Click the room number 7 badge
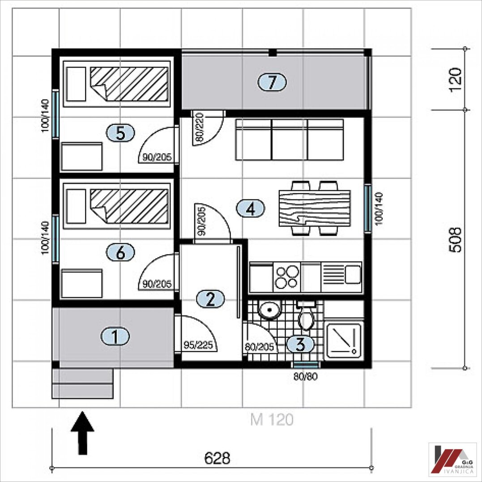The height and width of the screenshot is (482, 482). [272, 82]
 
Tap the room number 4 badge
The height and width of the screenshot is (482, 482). [250, 209]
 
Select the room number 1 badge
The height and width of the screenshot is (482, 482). [115, 336]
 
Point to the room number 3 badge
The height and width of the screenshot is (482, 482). [300, 344]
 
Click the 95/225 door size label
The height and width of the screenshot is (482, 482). [198, 345]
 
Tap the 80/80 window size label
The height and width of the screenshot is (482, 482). [305, 376]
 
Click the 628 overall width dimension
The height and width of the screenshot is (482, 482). [217, 458]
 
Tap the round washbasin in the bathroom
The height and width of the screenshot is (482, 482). [269, 310]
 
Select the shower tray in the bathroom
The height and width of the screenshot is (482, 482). [344, 340]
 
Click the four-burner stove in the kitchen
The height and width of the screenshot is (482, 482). [286, 277]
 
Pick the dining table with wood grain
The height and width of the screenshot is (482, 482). [315, 209]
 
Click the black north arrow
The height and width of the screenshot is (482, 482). [82, 433]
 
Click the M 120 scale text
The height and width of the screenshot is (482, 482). [272, 420]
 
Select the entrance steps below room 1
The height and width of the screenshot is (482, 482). [82, 384]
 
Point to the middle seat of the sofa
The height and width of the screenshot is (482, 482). [290, 140]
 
